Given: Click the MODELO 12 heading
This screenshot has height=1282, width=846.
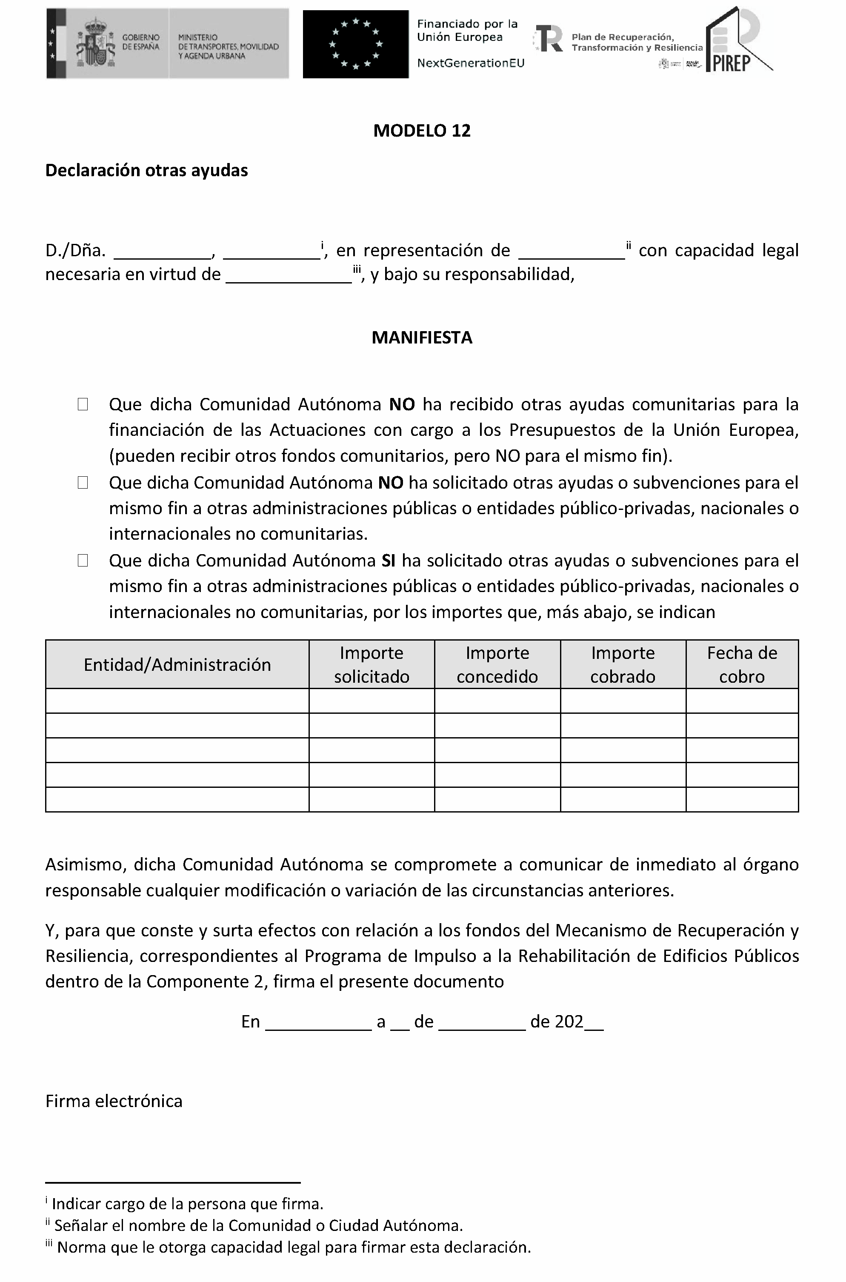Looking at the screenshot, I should [422, 131].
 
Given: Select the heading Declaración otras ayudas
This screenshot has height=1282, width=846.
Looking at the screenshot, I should [146, 171].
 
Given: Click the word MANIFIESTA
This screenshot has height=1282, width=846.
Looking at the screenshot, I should [422, 338].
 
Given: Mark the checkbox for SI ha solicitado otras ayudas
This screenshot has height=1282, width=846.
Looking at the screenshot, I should [83, 561].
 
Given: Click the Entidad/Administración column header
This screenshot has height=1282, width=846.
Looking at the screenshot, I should [177, 665].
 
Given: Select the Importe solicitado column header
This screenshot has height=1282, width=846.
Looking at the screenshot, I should [371, 665].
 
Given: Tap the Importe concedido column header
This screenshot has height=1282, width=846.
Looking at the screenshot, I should [497, 665].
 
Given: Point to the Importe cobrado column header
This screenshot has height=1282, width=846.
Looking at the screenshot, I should [623, 665].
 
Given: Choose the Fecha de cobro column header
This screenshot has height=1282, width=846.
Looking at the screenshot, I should [742, 665].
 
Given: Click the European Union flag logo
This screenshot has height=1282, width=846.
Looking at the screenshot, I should [356, 44].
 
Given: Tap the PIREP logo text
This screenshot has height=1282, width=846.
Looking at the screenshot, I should [732, 63].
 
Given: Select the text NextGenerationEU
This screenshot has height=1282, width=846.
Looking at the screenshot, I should [471, 63].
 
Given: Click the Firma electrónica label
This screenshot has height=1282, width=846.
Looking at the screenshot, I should [114, 1101].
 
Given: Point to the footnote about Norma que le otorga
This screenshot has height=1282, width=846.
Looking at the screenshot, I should [294, 1248].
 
